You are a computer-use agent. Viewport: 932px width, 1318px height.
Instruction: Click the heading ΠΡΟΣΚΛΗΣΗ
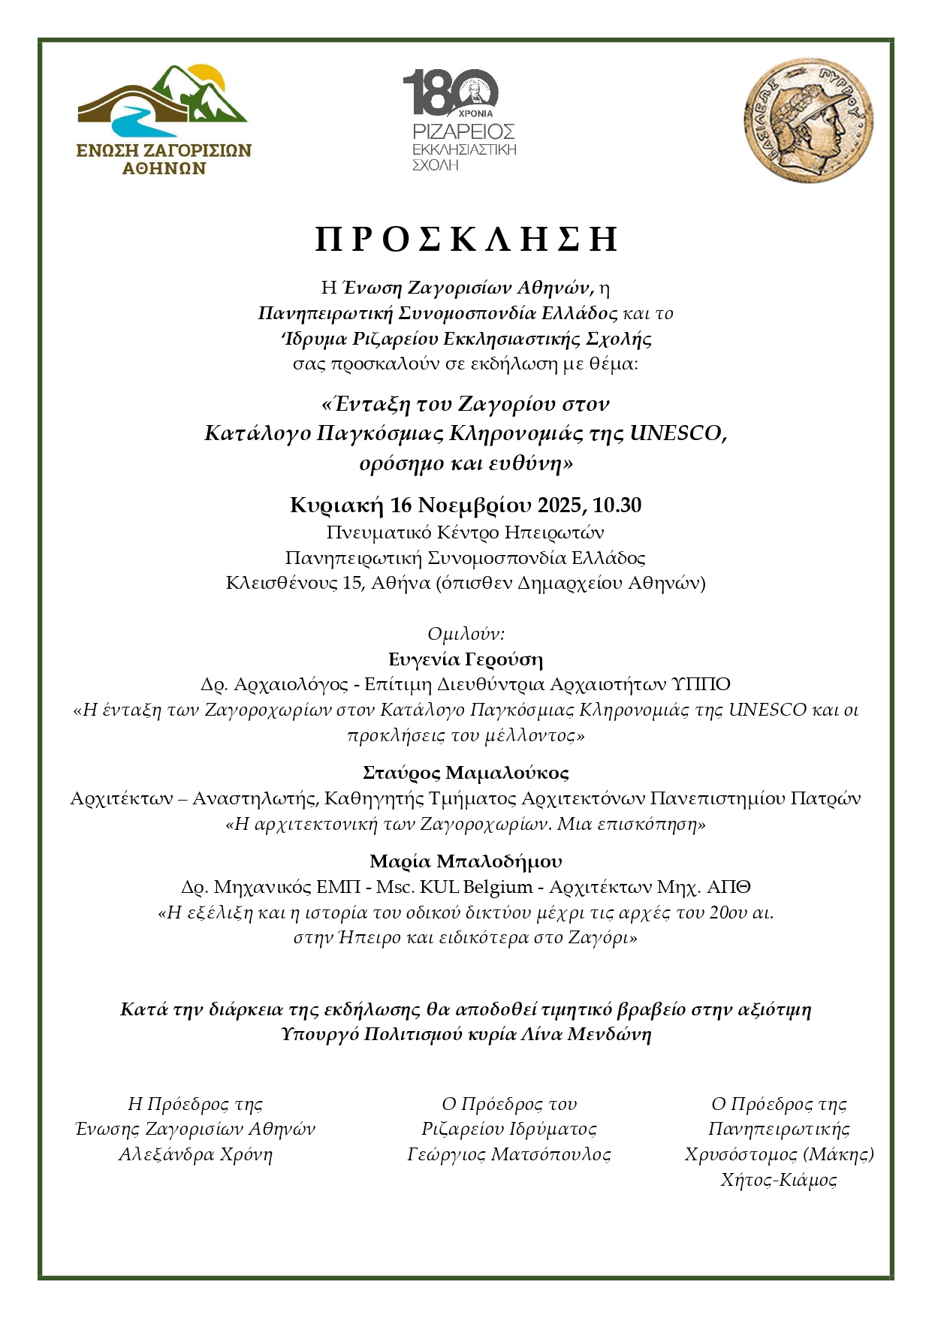466,239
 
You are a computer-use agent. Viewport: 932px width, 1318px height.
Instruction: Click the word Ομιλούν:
466,634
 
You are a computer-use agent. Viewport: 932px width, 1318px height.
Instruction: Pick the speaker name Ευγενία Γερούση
466,659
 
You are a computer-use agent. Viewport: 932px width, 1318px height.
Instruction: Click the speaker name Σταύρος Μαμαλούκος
466,773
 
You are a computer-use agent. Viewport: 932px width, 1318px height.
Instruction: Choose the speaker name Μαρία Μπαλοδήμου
466,861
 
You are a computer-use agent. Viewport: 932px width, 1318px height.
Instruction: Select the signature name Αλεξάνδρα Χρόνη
195,1154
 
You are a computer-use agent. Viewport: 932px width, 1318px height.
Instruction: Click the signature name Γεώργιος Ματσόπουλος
509,1154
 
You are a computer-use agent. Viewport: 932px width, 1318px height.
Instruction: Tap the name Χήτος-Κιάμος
779,1180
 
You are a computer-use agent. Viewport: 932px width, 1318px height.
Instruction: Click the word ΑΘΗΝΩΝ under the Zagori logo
164,168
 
